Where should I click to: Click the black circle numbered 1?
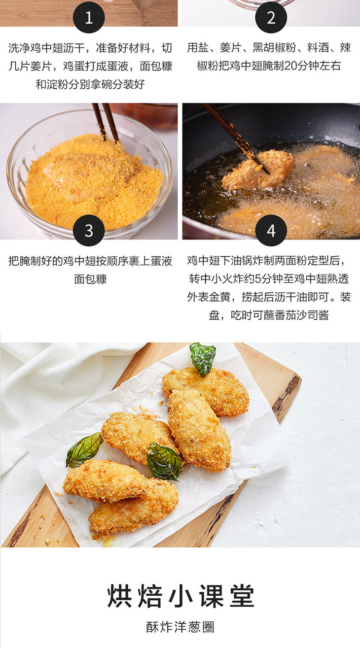point(89,17)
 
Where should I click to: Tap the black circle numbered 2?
point(271,17)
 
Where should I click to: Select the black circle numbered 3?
point(89,230)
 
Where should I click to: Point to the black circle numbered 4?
point(271,230)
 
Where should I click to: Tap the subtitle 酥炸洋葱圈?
point(180,627)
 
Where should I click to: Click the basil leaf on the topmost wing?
point(203,359)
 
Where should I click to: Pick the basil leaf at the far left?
point(84,449)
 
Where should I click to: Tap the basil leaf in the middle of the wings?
point(164,461)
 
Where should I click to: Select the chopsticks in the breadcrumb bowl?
point(106,123)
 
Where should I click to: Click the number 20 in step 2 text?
point(290,66)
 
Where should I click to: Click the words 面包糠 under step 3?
point(90,279)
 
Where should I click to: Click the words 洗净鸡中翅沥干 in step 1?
point(46,48)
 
